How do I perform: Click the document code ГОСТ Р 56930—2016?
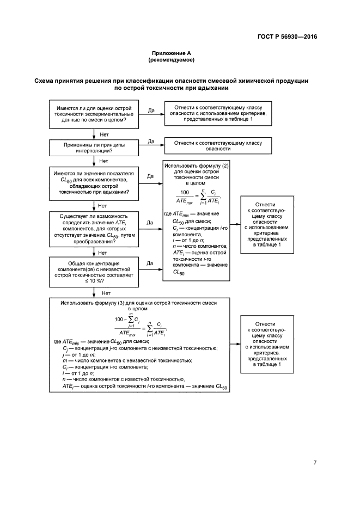coord(287,37)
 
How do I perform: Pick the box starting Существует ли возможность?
coord(94,228)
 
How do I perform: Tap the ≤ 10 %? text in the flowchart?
coord(94,281)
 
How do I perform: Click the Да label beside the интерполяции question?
coord(151,142)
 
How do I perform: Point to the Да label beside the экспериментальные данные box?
coord(151,111)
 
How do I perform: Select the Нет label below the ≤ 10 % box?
coord(99,293)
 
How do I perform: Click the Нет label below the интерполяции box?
coord(102,161)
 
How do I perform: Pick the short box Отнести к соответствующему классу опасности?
coord(217,146)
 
